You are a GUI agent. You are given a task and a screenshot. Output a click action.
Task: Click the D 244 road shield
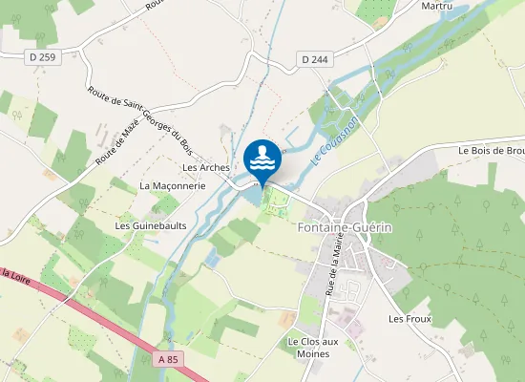point(316,59)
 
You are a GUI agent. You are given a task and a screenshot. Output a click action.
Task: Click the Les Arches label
point(206,167)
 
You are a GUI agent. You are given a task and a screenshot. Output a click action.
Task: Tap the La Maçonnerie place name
point(172,185)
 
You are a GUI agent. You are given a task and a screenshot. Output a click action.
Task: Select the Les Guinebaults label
point(150,225)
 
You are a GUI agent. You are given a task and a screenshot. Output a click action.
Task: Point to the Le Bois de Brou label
point(491,150)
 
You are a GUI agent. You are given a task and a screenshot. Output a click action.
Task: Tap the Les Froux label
point(409,318)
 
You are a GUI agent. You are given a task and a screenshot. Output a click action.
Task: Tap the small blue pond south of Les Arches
point(213,259)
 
